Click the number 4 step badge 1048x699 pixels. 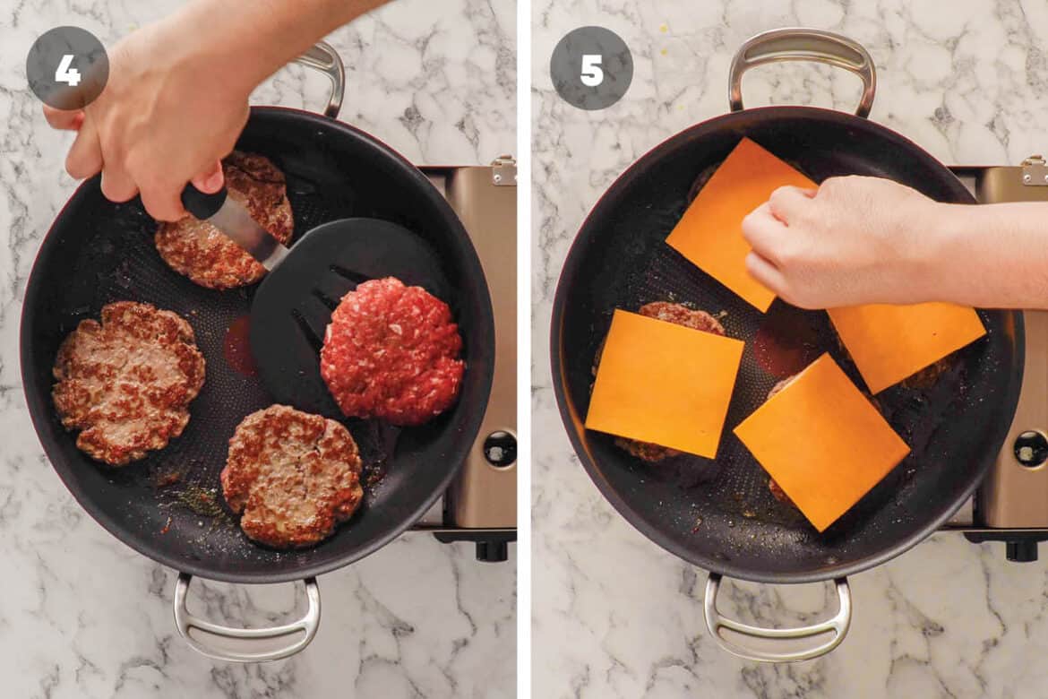pyautogui.click(x=67, y=68)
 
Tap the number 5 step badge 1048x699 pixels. pyautogui.click(x=591, y=68)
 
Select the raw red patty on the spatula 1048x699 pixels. pyautogui.click(x=391, y=350)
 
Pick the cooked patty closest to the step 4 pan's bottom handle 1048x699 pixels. pyautogui.click(x=291, y=475)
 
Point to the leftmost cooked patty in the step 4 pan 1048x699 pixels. pyautogui.click(x=128, y=382)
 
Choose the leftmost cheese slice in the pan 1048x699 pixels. pyautogui.click(x=664, y=381)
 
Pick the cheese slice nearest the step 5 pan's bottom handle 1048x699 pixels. pyautogui.click(x=820, y=441)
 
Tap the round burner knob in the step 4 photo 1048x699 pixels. pyautogui.click(x=500, y=449)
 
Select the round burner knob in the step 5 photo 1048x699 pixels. pyautogui.click(x=1030, y=449)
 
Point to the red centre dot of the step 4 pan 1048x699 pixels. pyautogui.click(x=240, y=346)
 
